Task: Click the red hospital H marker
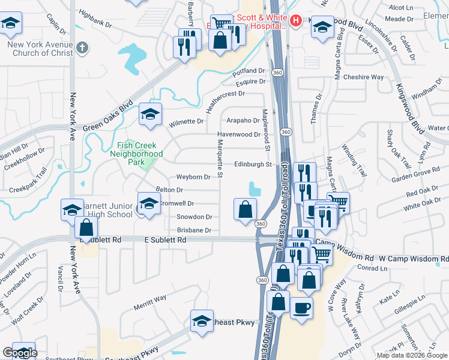[x=295, y=21]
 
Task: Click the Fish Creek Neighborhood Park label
[x=137, y=154]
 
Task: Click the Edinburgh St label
[x=253, y=164]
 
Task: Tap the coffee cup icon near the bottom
[x=301, y=308]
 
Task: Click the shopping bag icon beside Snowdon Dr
[x=245, y=209]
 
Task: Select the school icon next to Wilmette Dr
[x=150, y=113]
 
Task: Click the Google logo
[x=20, y=353]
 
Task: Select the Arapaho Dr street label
[x=244, y=120]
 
